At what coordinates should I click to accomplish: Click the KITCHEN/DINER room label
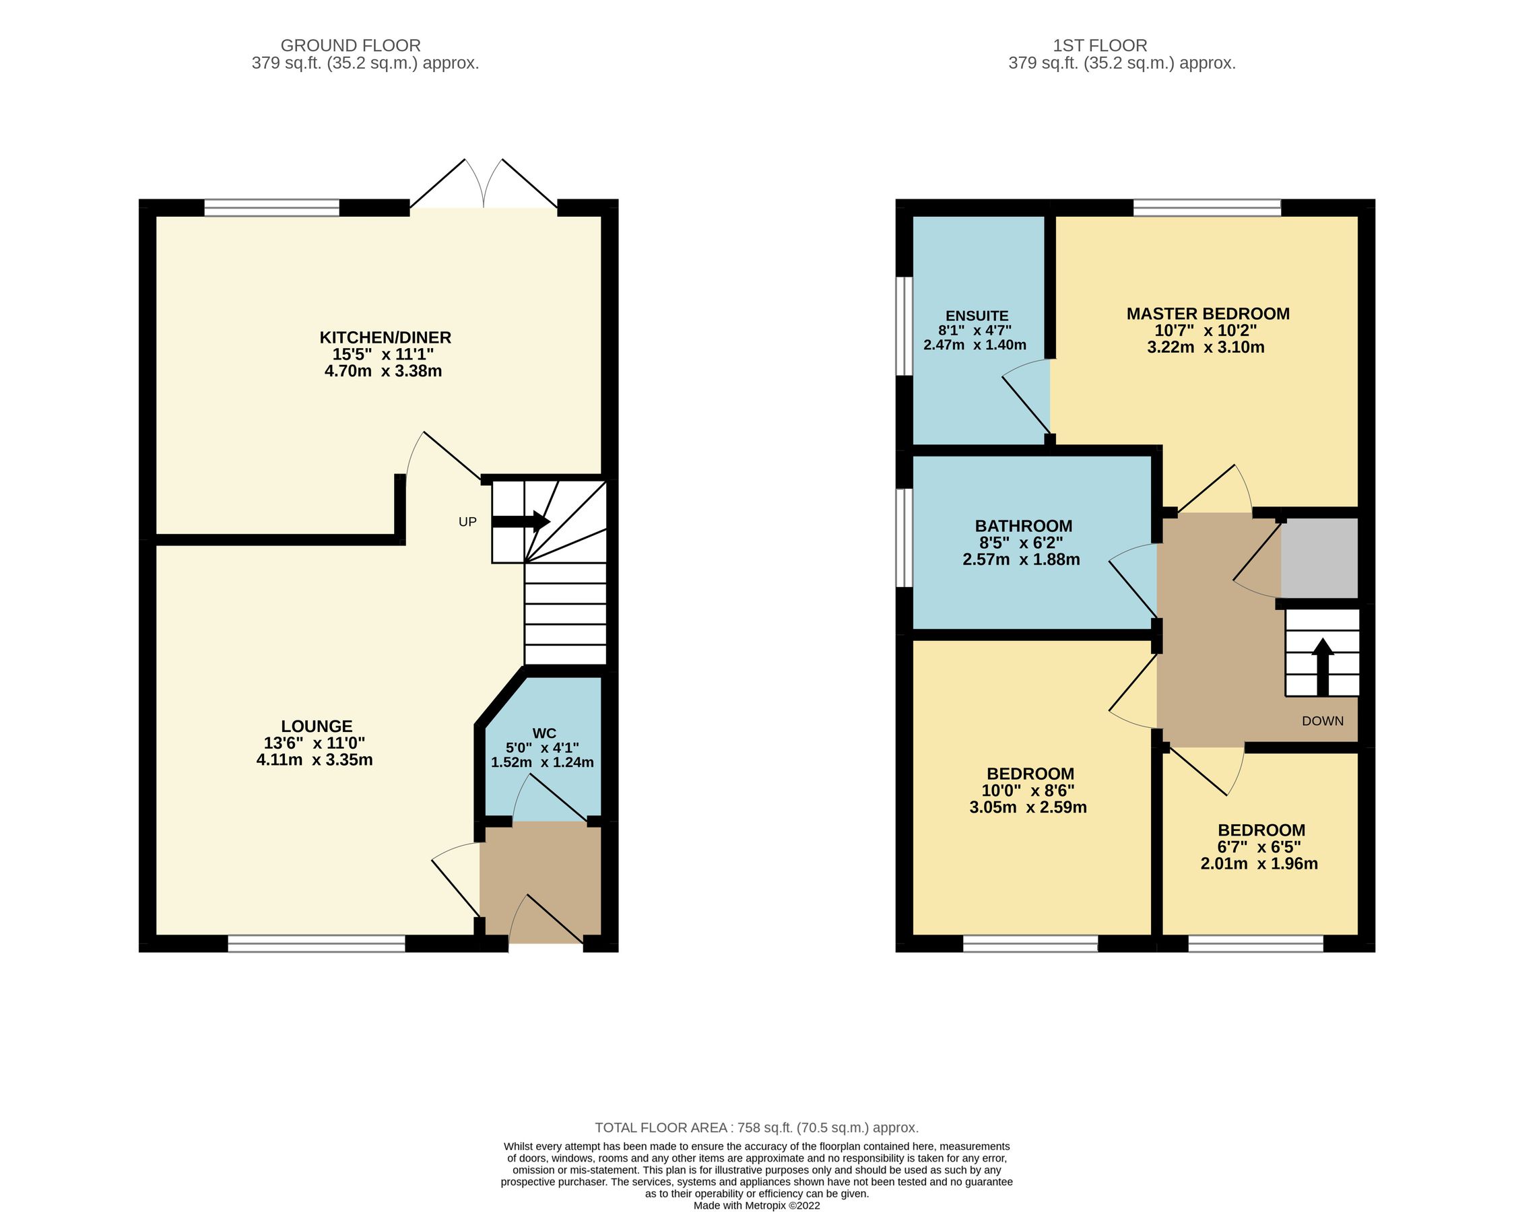point(385,337)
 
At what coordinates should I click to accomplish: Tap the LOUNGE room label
point(317,726)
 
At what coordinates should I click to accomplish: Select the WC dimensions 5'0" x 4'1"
point(542,748)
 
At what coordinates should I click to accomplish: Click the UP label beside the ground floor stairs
point(467,522)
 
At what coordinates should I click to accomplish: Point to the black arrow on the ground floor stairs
point(521,521)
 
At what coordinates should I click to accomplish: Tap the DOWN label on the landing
point(1322,721)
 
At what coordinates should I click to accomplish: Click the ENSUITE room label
point(976,316)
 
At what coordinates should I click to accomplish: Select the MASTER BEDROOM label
point(1207,314)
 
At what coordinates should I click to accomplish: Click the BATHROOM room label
point(1023,526)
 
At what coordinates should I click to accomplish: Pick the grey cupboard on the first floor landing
point(1318,558)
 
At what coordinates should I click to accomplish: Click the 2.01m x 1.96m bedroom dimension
point(1258,864)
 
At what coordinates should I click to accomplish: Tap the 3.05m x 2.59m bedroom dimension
point(1027,807)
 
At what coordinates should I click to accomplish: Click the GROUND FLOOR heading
point(350,46)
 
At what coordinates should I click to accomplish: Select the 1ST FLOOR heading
point(1100,46)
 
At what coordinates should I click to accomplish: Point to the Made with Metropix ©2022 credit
point(756,1206)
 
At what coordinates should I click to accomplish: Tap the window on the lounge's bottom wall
point(316,943)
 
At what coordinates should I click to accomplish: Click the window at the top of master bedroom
point(1206,207)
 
